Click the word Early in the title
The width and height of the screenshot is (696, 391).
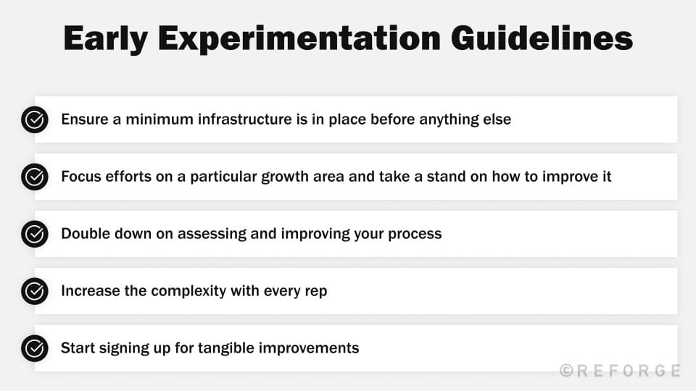[107, 39]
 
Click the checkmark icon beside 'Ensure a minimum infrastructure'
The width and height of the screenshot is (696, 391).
[34, 119]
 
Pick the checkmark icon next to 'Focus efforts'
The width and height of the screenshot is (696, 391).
[34, 177]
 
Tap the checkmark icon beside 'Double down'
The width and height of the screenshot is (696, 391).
[34, 234]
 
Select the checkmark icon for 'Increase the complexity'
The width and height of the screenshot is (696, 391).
[34, 291]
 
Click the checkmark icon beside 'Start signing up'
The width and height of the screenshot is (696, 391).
[34, 348]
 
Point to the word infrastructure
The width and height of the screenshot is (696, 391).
[236, 119]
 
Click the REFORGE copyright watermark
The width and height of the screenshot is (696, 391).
[620, 371]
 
